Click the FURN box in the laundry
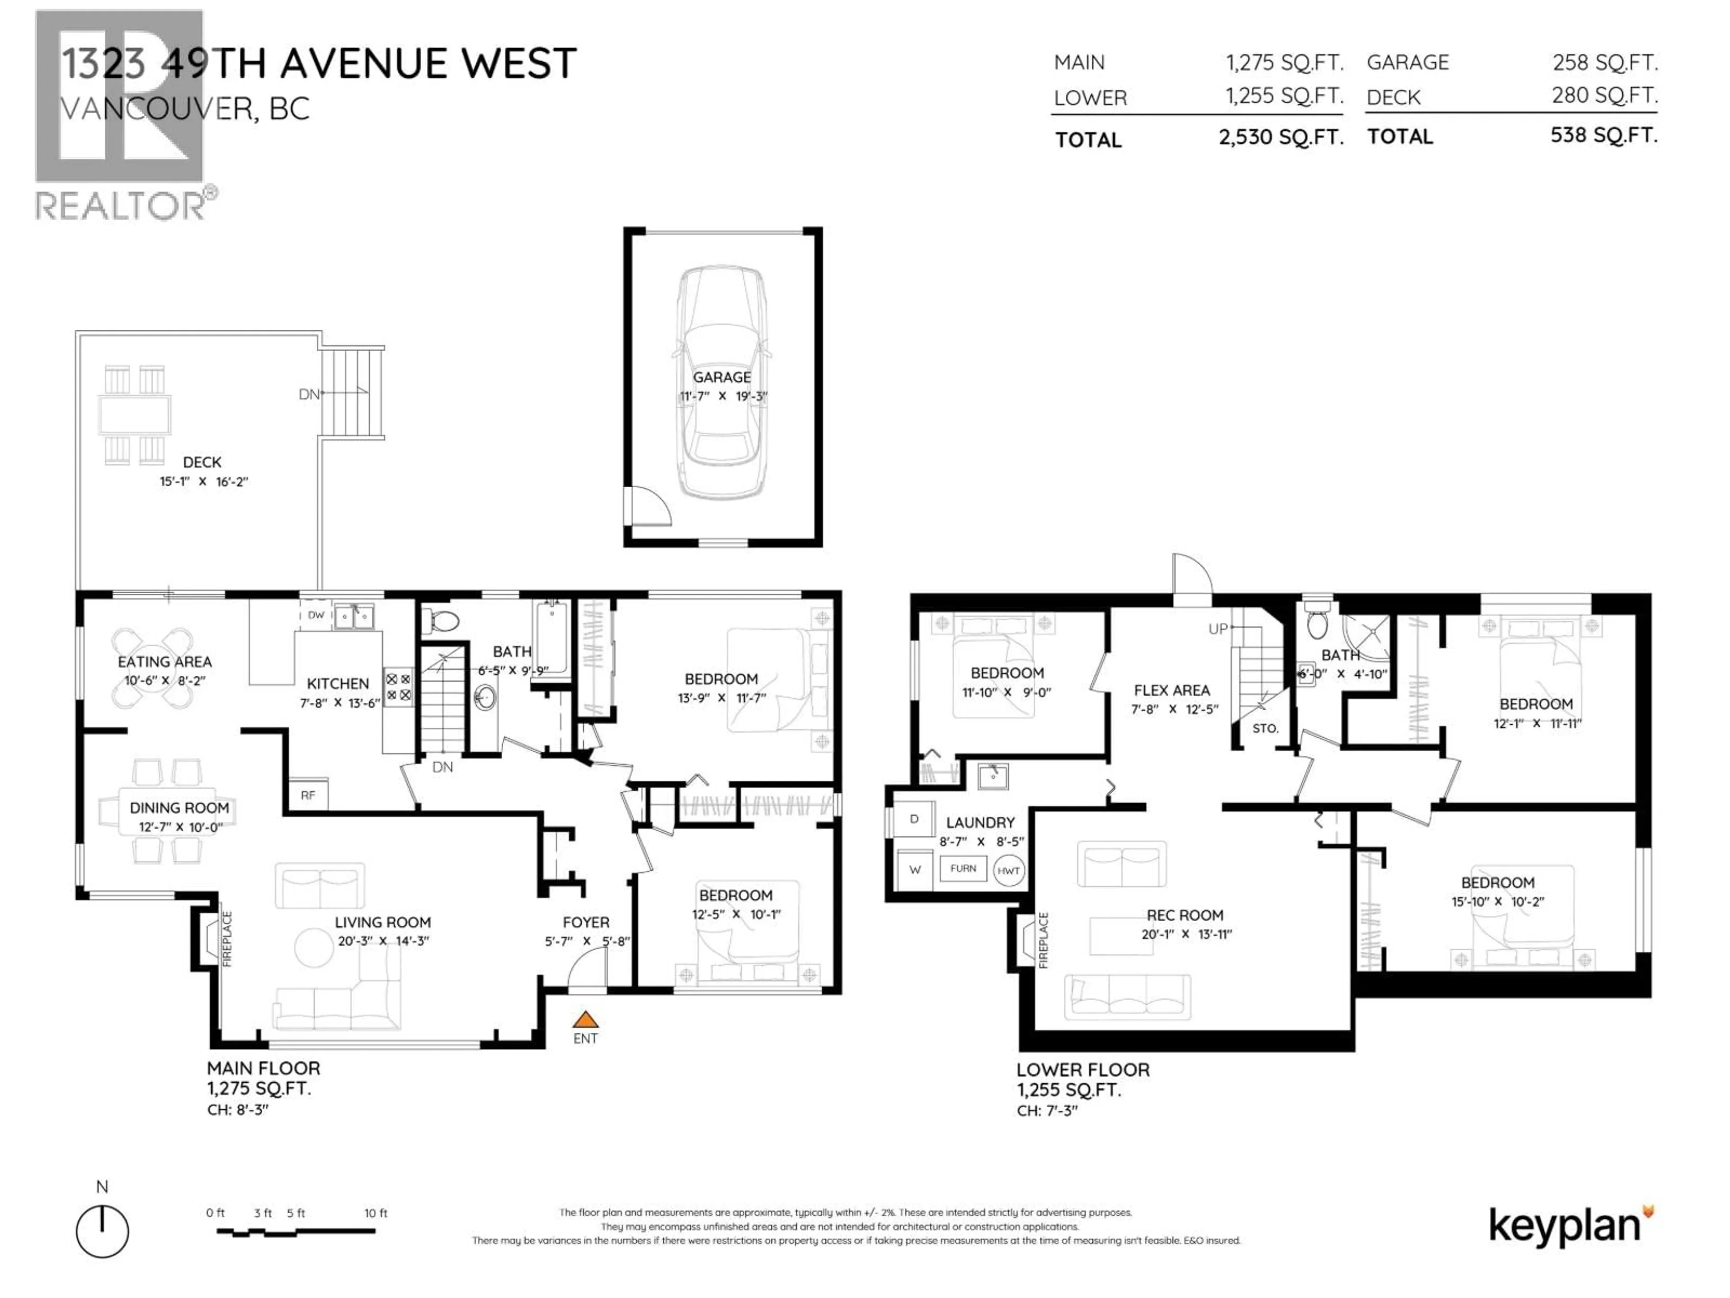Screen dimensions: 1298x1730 (x=963, y=868)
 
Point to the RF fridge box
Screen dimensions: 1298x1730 (x=308, y=795)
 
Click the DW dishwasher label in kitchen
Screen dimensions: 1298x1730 (x=316, y=615)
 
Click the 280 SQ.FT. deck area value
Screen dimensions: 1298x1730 (x=1604, y=96)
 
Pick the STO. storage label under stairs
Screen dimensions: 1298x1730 (x=1265, y=728)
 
